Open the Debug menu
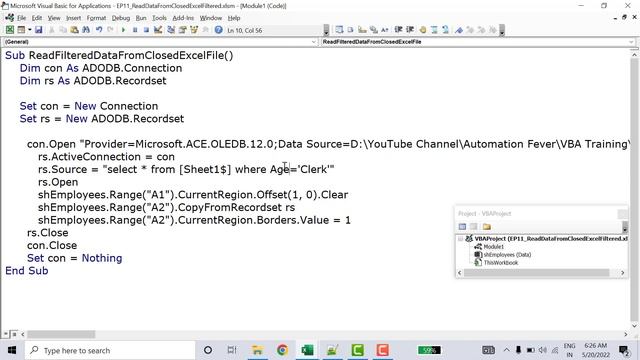click(120, 18)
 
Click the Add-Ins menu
click(183, 18)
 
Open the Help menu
click(234, 18)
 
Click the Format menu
click(96, 18)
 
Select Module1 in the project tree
click(494, 246)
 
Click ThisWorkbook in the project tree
click(501, 263)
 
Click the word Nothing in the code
click(102, 258)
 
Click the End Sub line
click(26, 271)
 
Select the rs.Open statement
click(58, 183)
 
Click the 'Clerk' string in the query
click(314, 170)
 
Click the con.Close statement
click(51, 245)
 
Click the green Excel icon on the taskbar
click(307, 350)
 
